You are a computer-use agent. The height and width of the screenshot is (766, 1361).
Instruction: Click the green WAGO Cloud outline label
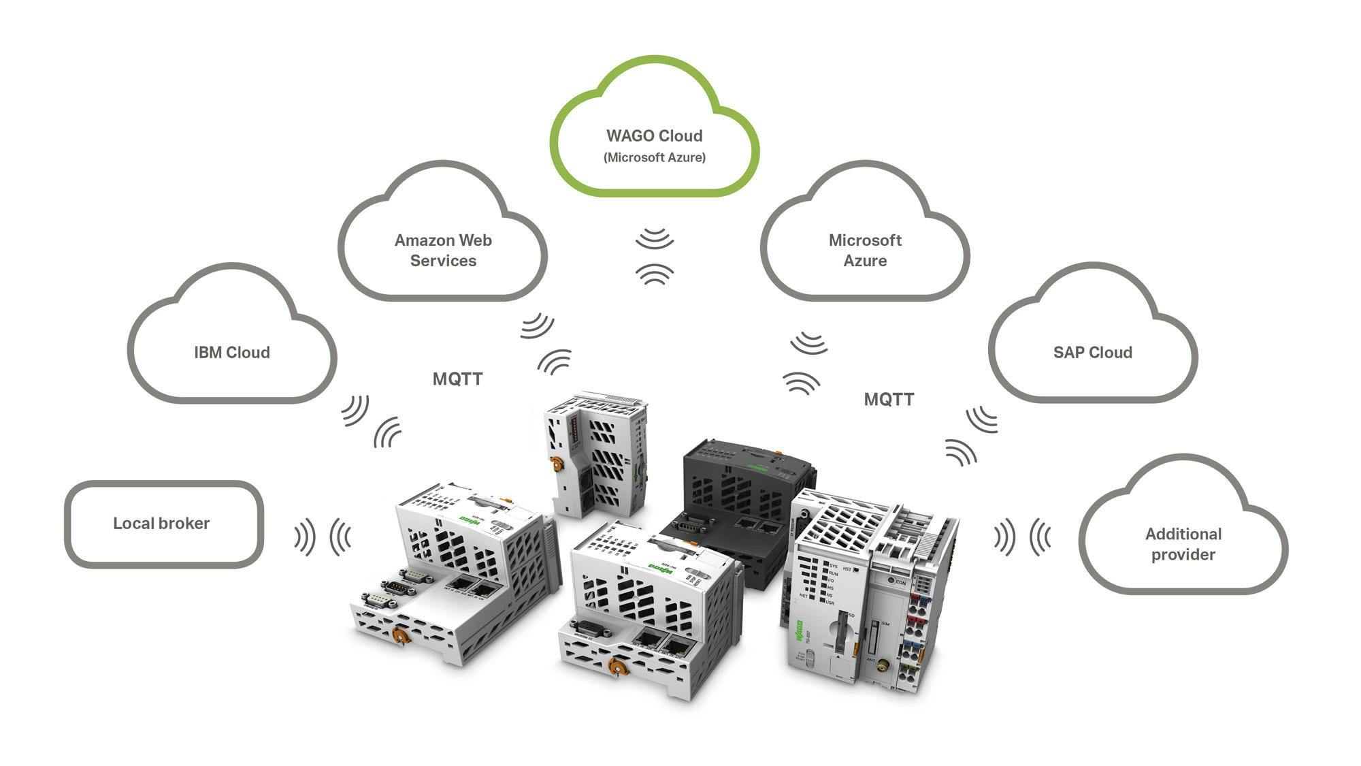tap(654, 136)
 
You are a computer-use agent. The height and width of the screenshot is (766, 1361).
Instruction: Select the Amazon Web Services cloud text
tap(443, 250)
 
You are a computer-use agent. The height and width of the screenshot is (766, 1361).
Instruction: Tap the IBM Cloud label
tap(232, 352)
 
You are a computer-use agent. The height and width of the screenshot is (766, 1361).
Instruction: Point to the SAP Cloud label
tap(1092, 352)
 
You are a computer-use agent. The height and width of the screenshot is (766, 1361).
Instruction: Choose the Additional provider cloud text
tap(1183, 544)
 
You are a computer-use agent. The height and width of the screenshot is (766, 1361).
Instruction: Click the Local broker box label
tap(161, 523)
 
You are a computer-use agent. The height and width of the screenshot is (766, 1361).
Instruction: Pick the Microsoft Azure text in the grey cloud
tap(865, 250)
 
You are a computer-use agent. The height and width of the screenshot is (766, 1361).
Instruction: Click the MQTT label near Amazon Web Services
tap(457, 379)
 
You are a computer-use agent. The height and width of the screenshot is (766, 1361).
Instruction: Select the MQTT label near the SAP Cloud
tap(889, 400)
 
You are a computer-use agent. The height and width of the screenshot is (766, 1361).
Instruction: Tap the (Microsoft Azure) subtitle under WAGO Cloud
tap(654, 157)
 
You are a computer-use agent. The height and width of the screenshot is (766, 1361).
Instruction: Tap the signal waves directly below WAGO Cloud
tap(655, 256)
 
